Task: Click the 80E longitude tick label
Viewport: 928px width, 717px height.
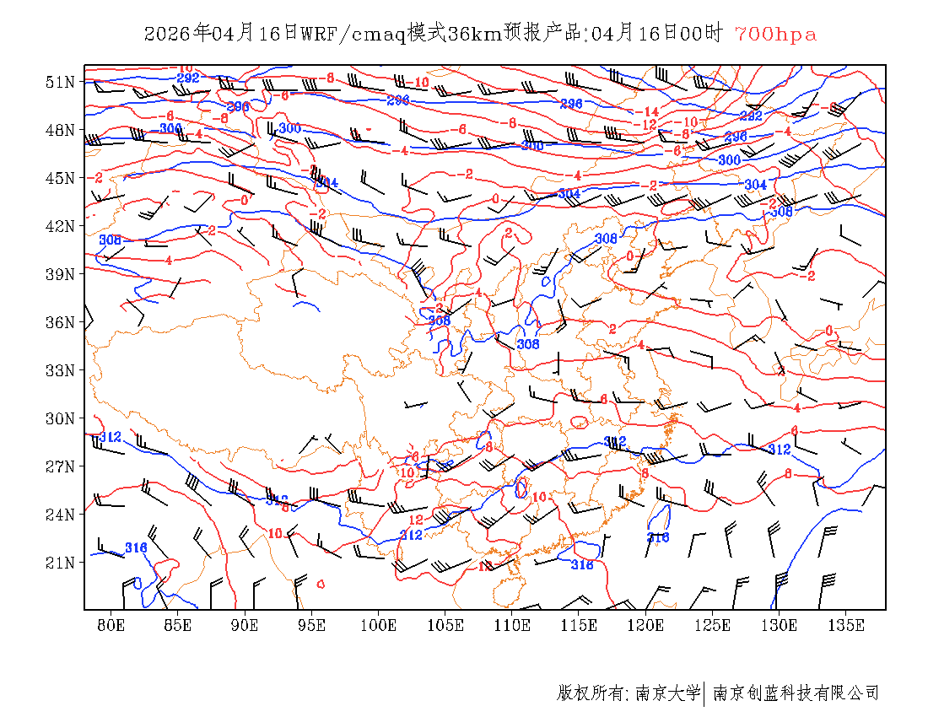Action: [111, 625]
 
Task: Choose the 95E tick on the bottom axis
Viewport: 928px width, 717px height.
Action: [312, 625]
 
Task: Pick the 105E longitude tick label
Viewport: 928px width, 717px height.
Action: [445, 625]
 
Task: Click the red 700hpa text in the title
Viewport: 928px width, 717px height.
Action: [775, 34]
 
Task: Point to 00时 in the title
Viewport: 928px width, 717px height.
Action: [703, 34]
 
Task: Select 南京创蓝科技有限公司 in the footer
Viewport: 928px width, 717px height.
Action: [796, 693]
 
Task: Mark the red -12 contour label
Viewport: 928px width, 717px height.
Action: [648, 124]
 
